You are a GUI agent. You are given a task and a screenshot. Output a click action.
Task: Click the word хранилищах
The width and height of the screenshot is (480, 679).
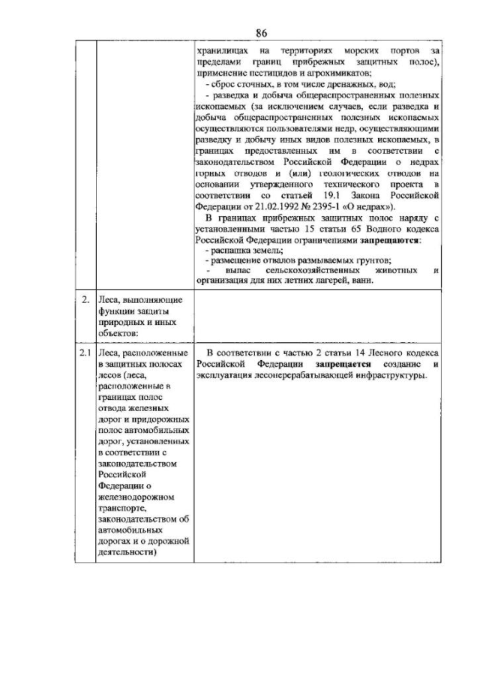[222, 50]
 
